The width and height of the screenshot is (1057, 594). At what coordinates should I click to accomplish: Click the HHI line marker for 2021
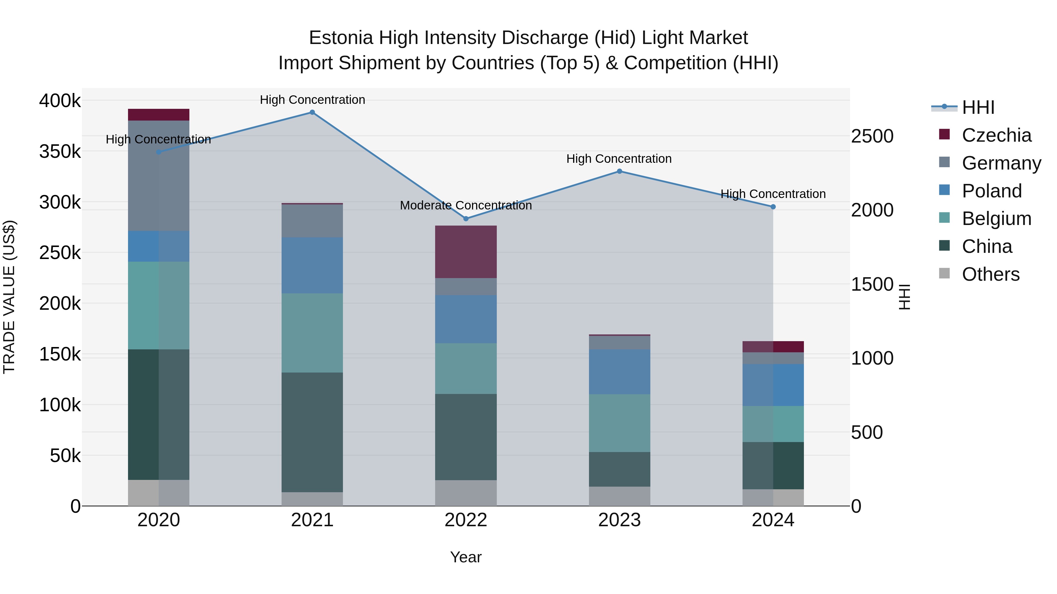pos(312,112)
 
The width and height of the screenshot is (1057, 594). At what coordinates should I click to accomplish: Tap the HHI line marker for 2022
pos(466,219)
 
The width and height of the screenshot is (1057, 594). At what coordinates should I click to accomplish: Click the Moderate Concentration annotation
pos(466,205)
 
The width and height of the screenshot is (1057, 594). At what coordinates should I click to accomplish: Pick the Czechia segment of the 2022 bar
pos(466,252)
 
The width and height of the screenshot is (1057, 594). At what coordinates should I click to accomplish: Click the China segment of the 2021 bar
pos(312,432)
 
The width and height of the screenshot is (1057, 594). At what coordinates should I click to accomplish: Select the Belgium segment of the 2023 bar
pos(620,423)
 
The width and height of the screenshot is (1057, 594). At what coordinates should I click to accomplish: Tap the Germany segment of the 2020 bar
pos(159,175)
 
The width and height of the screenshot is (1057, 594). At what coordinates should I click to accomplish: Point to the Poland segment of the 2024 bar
pos(773,385)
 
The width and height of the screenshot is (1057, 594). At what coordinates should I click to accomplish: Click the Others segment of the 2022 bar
pos(466,493)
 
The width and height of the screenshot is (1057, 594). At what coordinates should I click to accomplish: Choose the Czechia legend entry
pos(996,135)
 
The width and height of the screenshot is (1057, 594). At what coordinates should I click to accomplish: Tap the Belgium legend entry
pos(996,219)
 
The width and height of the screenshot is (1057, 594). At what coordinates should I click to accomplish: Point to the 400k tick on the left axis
pos(60,100)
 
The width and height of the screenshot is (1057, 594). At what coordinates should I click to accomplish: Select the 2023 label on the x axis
pos(620,520)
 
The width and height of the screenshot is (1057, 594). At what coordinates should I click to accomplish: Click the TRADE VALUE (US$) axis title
pos(9,297)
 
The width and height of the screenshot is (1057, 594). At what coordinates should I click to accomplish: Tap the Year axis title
pos(466,557)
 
